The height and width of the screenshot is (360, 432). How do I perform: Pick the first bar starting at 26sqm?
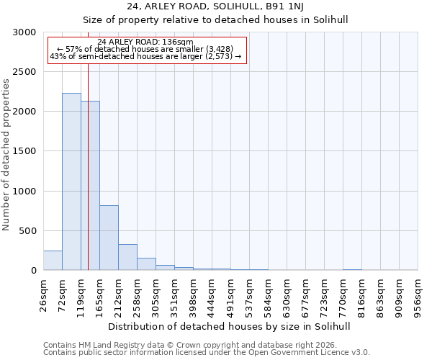click(53, 261)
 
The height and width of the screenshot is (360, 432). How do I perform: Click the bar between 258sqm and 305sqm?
click(146, 264)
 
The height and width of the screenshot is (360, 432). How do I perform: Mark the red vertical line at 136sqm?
click(88, 166)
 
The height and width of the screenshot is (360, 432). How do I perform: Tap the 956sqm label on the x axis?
click(418, 294)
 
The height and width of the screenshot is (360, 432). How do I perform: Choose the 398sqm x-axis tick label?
click(193, 294)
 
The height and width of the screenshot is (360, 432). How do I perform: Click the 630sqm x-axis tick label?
click(287, 294)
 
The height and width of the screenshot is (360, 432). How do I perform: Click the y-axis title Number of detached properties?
click(6, 155)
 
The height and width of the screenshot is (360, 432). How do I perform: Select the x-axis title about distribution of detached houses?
click(230, 326)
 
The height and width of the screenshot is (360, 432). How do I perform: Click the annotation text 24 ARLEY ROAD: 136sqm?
click(145, 42)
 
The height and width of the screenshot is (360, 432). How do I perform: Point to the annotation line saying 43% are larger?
click(145, 56)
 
